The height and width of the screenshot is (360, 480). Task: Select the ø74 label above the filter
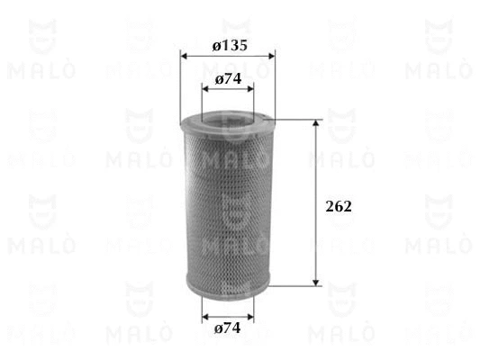click(229, 80)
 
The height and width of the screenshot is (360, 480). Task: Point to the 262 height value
click(338, 206)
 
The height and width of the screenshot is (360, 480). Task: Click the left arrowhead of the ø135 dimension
click(186, 56)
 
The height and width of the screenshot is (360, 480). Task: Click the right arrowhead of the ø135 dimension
click(270, 56)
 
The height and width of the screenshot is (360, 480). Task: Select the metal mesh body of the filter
click(228, 207)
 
